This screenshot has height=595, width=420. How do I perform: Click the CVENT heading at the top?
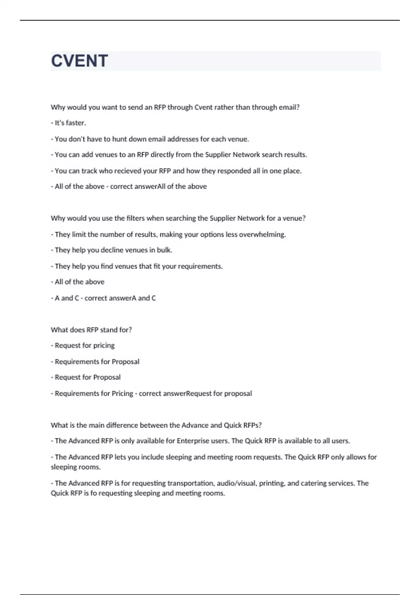click(79, 61)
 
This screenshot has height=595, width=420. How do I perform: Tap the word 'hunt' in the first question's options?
click(119, 139)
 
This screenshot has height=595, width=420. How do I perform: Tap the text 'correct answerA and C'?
click(120, 298)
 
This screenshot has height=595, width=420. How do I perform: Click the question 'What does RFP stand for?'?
click(91, 330)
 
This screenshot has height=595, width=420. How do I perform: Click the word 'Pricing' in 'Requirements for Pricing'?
click(122, 393)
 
